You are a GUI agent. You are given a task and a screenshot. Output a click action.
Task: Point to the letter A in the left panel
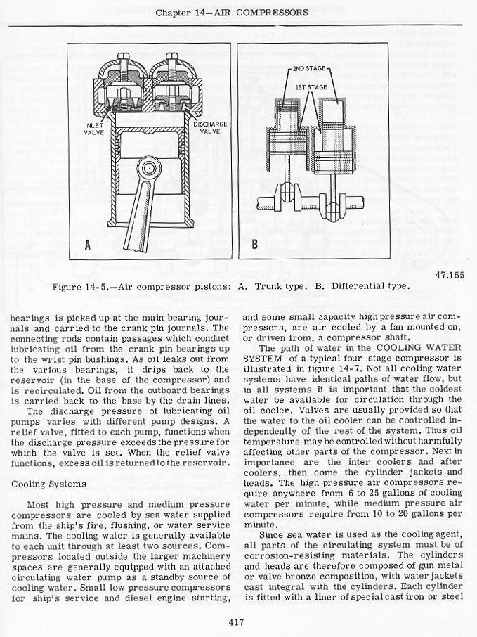click(88, 245)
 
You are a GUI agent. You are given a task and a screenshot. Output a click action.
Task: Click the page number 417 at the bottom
click(237, 620)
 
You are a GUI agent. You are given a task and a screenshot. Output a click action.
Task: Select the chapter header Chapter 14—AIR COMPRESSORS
click(232, 13)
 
